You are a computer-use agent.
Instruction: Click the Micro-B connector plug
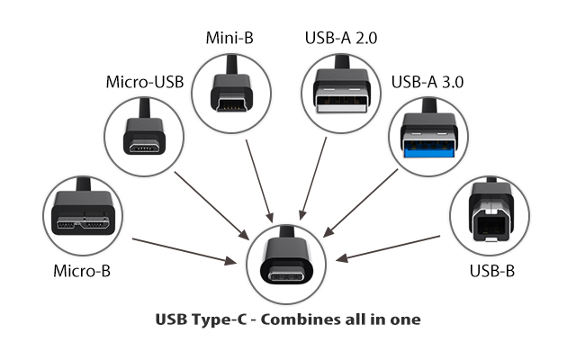coord(82,216)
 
